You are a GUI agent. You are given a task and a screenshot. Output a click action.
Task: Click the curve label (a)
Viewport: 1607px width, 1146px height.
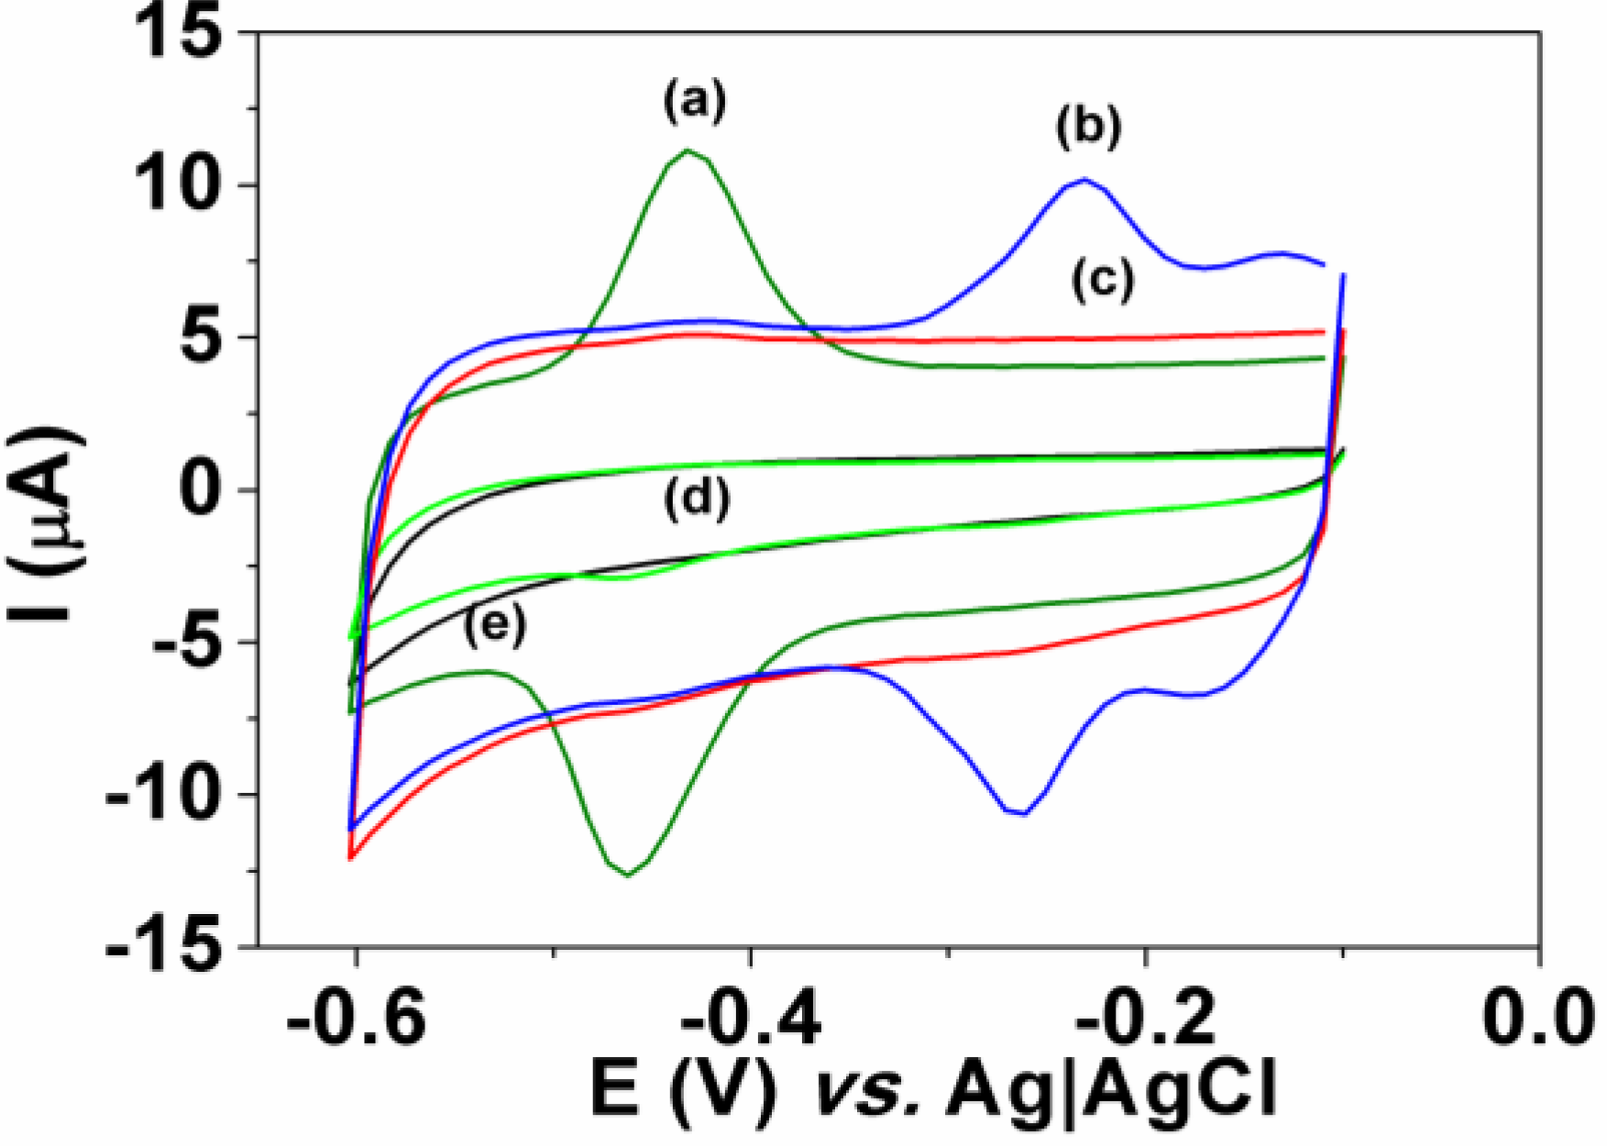tap(695, 101)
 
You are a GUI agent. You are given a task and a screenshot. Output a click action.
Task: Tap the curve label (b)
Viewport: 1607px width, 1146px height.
tap(1088, 127)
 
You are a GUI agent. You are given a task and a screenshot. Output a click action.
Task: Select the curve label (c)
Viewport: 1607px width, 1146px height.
tap(1103, 280)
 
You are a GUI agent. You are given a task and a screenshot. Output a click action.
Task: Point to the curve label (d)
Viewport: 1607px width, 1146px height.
tap(698, 499)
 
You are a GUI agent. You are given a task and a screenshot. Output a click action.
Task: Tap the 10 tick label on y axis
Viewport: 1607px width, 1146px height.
tap(179, 186)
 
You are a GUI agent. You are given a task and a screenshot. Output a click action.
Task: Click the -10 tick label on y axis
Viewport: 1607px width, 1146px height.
tap(165, 795)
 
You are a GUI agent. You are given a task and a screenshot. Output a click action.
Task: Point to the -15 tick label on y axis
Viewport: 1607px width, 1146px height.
tap(165, 946)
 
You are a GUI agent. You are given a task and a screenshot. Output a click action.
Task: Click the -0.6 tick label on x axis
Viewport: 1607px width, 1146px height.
tap(358, 1019)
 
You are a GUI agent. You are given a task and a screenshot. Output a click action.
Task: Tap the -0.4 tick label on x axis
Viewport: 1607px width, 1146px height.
tap(752, 1019)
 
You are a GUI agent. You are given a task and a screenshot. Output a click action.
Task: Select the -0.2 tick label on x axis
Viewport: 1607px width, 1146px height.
tap(1146, 1019)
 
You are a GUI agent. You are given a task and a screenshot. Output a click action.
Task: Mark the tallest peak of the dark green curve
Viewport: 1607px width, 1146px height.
tap(688, 150)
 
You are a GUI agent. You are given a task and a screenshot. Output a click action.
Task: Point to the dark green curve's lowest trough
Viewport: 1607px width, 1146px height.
tap(628, 875)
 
